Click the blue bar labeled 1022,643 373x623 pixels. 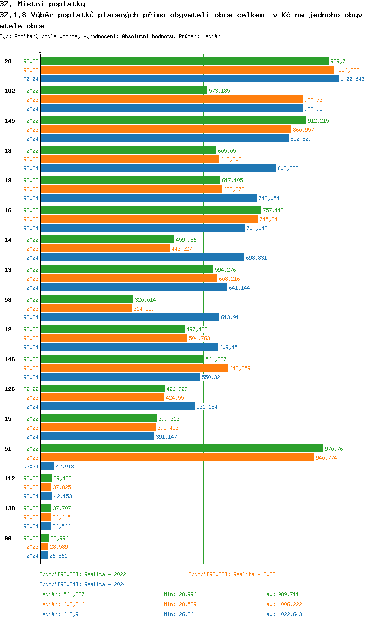[189, 79]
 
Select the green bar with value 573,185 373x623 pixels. [123, 90]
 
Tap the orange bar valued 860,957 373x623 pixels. [166, 129]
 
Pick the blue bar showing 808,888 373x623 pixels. [158, 168]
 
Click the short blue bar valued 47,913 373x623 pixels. [47, 466]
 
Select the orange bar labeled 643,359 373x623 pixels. [134, 368]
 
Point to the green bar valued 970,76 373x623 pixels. [182, 448]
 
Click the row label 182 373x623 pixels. [9, 91]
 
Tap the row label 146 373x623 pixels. [9, 359]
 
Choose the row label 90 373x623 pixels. [8, 538]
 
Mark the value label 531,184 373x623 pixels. [207, 407]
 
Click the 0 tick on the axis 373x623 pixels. [40, 51]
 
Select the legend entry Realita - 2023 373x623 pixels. [232, 574]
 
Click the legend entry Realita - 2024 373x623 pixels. [83, 584]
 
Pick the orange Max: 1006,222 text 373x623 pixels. [282, 604]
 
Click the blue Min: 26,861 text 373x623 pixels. [182, 614]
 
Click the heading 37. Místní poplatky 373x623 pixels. [43, 4]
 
